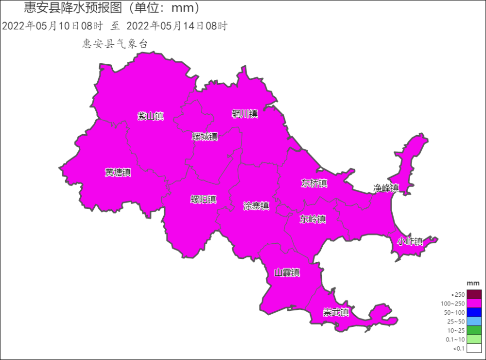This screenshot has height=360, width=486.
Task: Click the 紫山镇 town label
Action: (x=150, y=116)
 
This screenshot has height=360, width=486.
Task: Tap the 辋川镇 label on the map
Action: (x=244, y=114)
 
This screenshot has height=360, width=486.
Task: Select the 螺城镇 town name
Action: (x=205, y=137)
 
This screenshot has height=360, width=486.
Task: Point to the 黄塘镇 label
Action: (x=118, y=172)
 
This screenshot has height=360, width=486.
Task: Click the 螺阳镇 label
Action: (x=203, y=199)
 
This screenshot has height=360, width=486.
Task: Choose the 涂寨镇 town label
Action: (x=256, y=206)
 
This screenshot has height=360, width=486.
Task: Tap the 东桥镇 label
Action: (x=314, y=183)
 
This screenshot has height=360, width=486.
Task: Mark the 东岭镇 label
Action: (x=312, y=219)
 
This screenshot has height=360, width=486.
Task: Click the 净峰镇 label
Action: (x=386, y=188)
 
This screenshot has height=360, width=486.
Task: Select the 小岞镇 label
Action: (x=410, y=241)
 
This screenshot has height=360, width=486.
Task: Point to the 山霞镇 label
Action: (x=287, y=272)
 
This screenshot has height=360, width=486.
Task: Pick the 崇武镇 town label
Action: (x=336, y=312)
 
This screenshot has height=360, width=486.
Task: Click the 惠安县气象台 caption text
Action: (x=115, y=44)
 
